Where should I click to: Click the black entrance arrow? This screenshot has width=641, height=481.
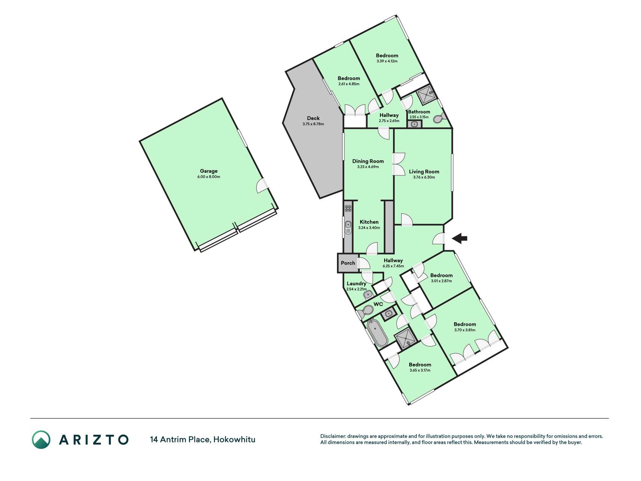click(459, 238)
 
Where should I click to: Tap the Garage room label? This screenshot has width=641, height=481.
click(209, 171)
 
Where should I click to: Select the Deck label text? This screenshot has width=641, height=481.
click(313, 118)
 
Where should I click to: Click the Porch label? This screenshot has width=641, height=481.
click(348, 263)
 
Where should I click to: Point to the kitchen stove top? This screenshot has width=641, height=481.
click(348, 208)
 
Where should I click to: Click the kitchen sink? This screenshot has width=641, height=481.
click(348, 227)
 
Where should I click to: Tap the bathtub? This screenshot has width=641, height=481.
click(377, 333)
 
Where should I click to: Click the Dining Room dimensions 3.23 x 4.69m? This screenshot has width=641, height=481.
click(368, 167)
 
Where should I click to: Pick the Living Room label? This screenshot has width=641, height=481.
click(424, 172)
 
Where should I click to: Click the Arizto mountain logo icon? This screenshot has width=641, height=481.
click(41, 439)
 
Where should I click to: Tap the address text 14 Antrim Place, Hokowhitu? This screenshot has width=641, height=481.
click(203, 439)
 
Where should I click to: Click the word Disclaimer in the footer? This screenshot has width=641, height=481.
click(333, 436)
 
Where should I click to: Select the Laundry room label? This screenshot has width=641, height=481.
click(356, 284)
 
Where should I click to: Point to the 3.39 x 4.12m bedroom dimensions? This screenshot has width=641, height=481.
click(387, 61)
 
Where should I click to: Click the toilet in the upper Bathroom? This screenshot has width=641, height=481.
click(439, 118)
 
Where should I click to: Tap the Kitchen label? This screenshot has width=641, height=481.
click(369, 222)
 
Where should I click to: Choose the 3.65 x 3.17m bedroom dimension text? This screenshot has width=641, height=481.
click(420, 370)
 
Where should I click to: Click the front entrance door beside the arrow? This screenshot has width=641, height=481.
click(439, 239)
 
